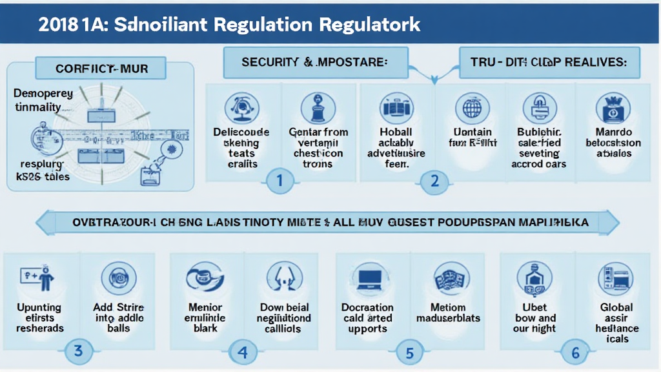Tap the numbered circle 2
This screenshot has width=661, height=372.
(435, 181)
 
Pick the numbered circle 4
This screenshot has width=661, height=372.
(243, 353)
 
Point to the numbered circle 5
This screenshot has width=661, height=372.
(409, 353)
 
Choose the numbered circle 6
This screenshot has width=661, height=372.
(575, 353)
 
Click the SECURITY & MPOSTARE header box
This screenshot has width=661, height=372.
(314, 63)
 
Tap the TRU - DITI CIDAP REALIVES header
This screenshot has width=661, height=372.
(549, 63)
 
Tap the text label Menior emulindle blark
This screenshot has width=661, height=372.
(205, 317)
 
